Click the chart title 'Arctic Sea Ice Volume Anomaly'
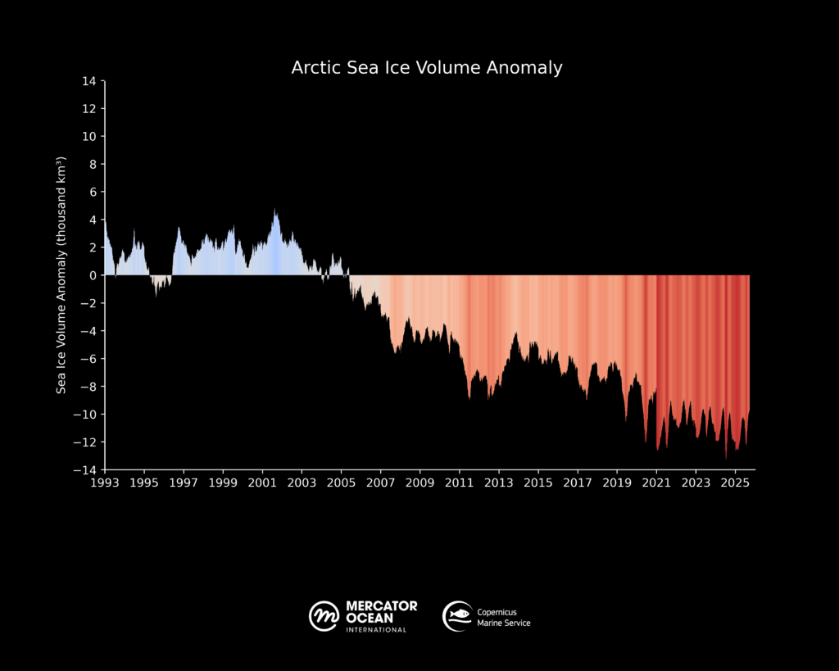pos(427,67)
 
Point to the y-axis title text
pos(61,275)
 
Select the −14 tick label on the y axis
pos(86,470)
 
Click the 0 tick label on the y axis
pos(93,275)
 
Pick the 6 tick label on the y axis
pos(93,192)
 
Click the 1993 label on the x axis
pos(105,483)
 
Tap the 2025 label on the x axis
pos(735,483)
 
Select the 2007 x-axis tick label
pos(380,483)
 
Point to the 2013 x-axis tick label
pos(499,483)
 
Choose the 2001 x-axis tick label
pos(262,483)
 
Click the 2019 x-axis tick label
pos(617,483)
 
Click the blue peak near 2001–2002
pos(276,215)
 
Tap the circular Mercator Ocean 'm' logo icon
pos(324,615)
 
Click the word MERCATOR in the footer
pos(382,606)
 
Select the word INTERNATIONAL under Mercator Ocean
pos(376,630)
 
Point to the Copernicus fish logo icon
pos(457,615)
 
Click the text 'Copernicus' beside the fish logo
pos(497,611)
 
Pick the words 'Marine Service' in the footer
pos(504,623)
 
